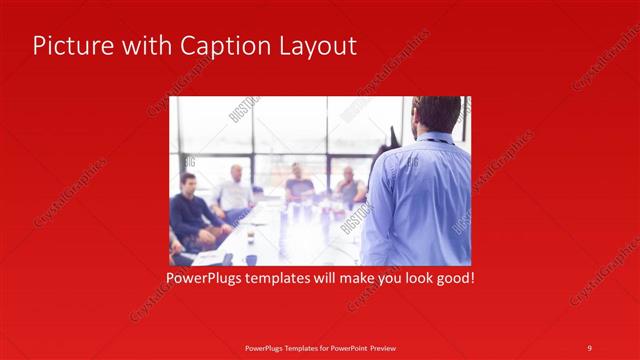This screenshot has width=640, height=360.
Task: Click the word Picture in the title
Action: coord(70,46)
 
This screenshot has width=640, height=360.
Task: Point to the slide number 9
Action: coord(589,347)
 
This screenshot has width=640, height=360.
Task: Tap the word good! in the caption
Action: coord(454,277)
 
